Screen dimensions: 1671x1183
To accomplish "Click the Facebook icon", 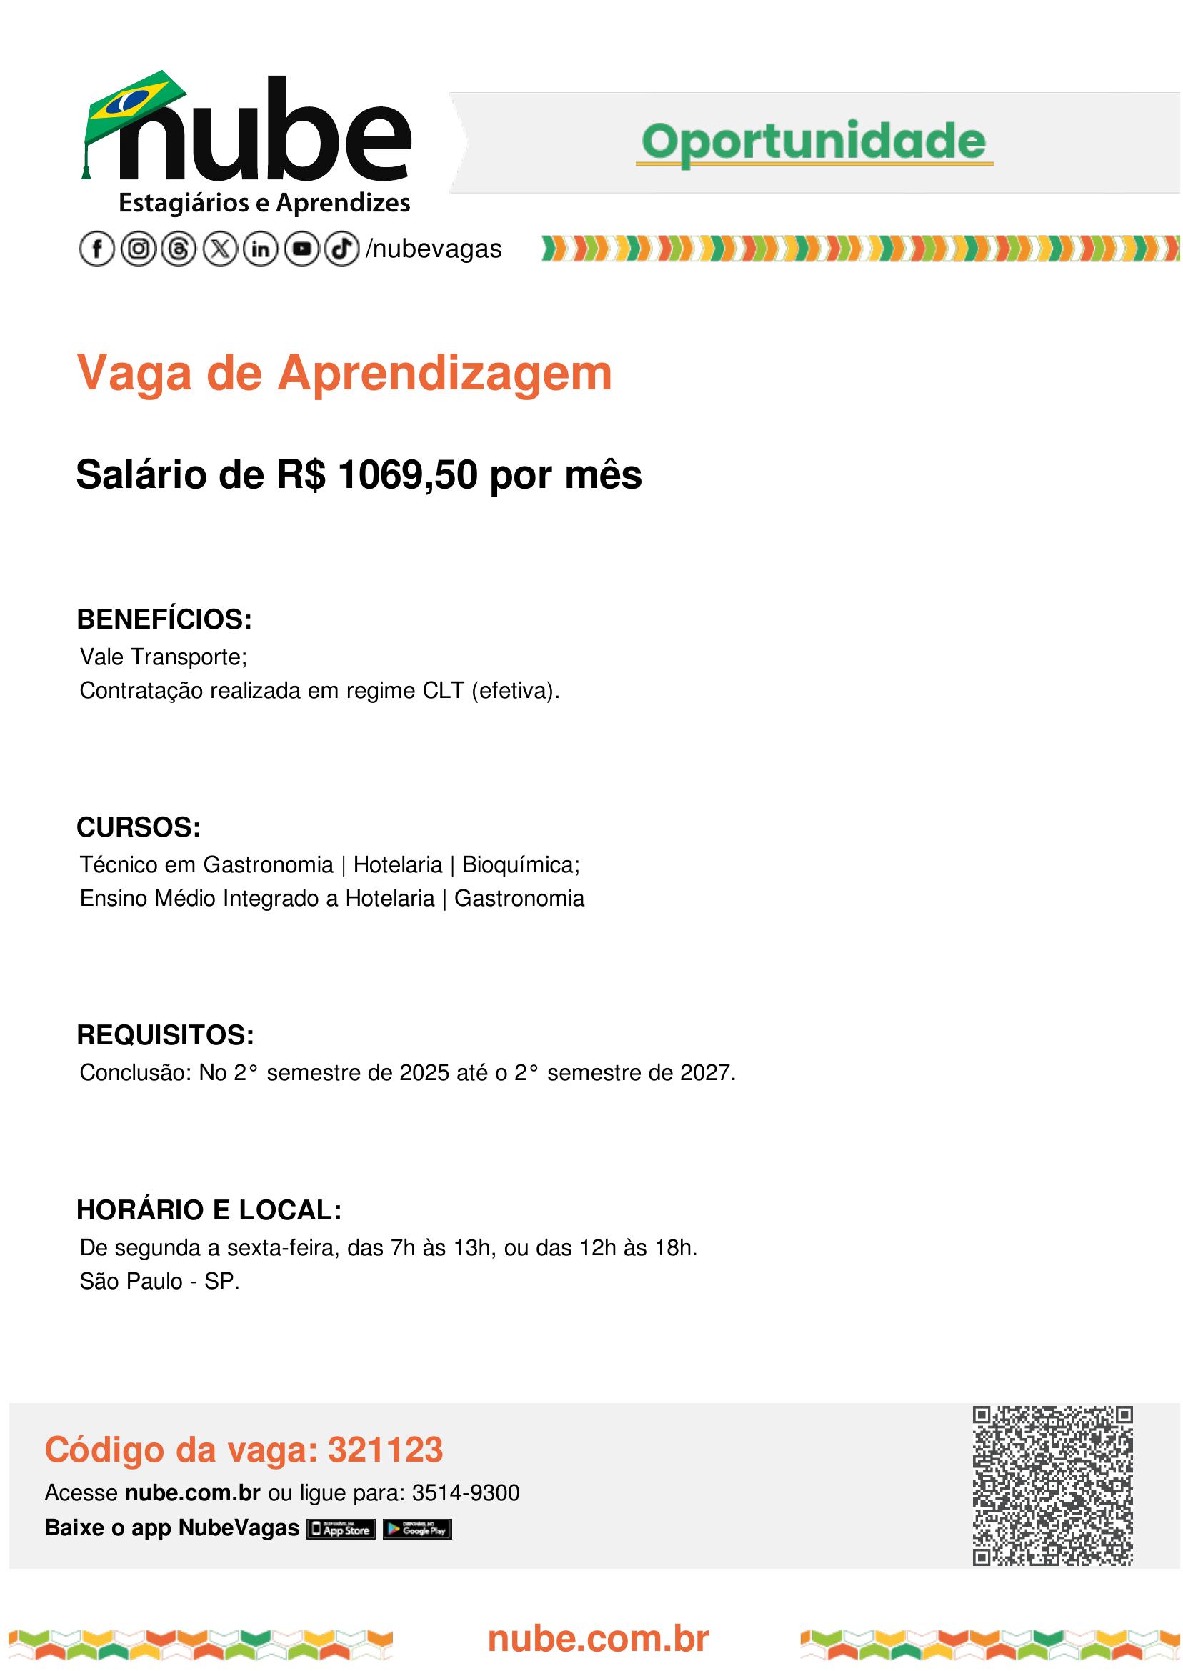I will coord(97,249).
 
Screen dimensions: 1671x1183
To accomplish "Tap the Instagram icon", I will coord(139,249).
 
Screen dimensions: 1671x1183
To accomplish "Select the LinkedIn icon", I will coord(261,249).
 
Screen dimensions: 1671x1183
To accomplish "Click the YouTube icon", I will coord(301,249).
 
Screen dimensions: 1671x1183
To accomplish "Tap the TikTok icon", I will coord(341,249).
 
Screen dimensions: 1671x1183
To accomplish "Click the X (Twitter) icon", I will coord(220,249).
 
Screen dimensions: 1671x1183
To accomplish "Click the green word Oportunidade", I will coord(814,141).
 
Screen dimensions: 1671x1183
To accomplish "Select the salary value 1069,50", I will coord(408,475).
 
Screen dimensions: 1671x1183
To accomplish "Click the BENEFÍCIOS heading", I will coord(164,619).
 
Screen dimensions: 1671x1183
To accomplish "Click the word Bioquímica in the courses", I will coord(520,864).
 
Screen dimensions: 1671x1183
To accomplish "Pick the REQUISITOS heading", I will coord(164,1035).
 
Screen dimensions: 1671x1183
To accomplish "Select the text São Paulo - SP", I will coord(159,1282).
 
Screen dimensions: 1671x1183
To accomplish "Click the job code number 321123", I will coord(385,1450).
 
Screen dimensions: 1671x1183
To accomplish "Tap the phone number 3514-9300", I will coord(466,1493).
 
